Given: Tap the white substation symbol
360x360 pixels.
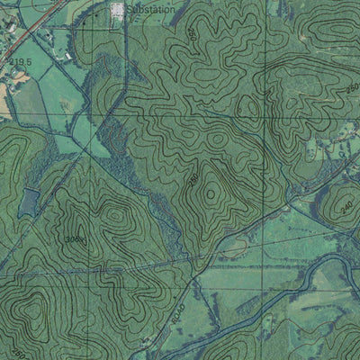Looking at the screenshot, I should [x=117, y=11].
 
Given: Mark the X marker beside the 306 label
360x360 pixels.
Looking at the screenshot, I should [x=85, y=240].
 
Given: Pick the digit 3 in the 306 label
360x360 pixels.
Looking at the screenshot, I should [x=67, y=239].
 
